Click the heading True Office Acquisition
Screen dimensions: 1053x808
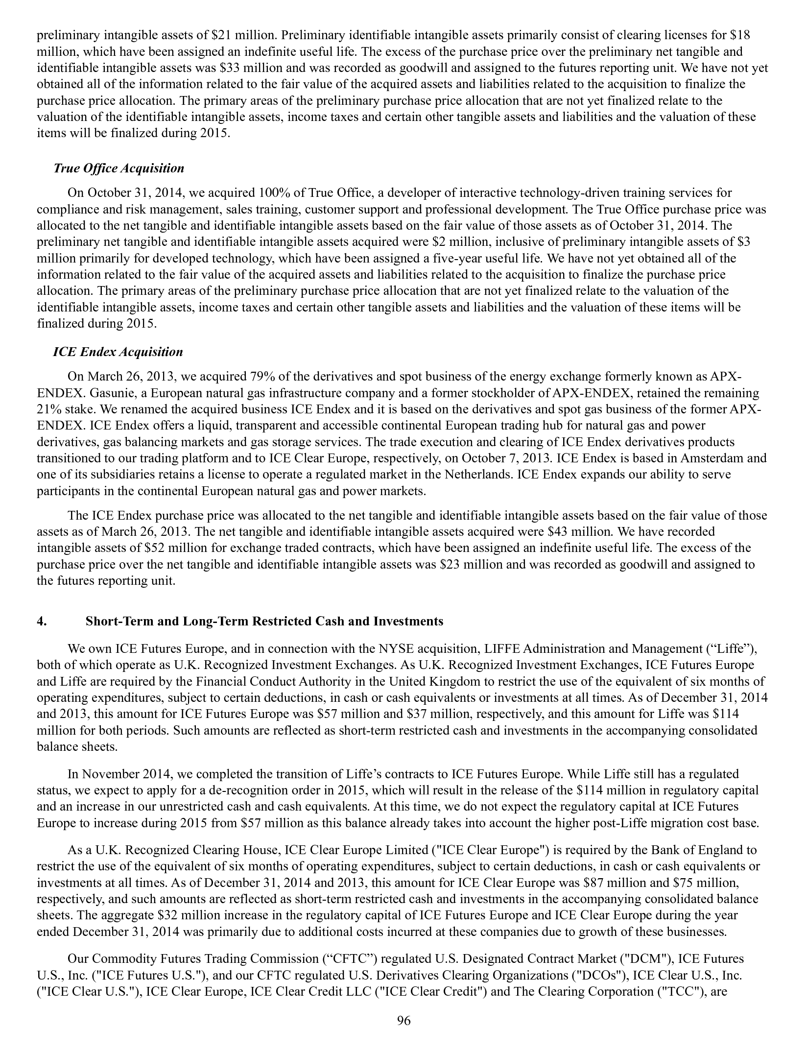(119, 168)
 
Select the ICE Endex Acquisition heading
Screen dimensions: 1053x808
(118, 352)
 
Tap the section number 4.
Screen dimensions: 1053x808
(42, 621)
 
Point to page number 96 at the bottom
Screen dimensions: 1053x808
(404, 1020)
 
